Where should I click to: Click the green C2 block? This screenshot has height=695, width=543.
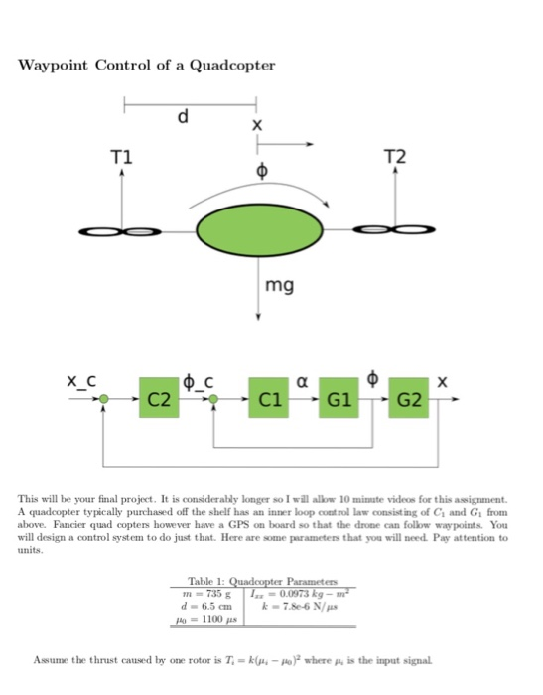[159, 399]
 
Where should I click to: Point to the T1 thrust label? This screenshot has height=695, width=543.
[121, 156]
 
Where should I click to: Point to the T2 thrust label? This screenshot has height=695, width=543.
[394, 156]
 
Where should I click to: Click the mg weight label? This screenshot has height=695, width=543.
[279, 287]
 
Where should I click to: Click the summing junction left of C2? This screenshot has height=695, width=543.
[104, 399]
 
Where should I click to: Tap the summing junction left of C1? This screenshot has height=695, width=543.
[215, 399]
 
